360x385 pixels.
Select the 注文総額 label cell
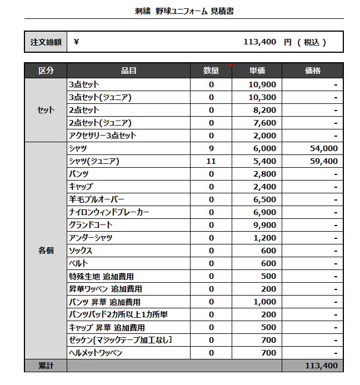click(46, 42)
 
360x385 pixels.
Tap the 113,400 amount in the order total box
click(259, 42)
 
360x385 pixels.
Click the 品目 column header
click(128, 71)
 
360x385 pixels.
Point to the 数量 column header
click(211, 71)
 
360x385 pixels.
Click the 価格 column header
click(313, 71)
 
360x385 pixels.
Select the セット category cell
click(46, 110)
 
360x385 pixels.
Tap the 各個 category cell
click(46, 251)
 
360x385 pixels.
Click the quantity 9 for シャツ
click(211, 148)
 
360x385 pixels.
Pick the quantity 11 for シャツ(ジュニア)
click(211, 161)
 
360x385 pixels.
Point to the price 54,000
click(322, 148)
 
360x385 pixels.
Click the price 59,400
click(322, 161)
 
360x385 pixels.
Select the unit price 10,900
click(262, 84)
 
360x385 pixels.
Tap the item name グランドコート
click(91, 225)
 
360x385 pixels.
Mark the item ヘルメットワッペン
click(96, 353)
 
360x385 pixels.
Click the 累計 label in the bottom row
click(46, 366)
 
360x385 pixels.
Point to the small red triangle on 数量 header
click(230, 65)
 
